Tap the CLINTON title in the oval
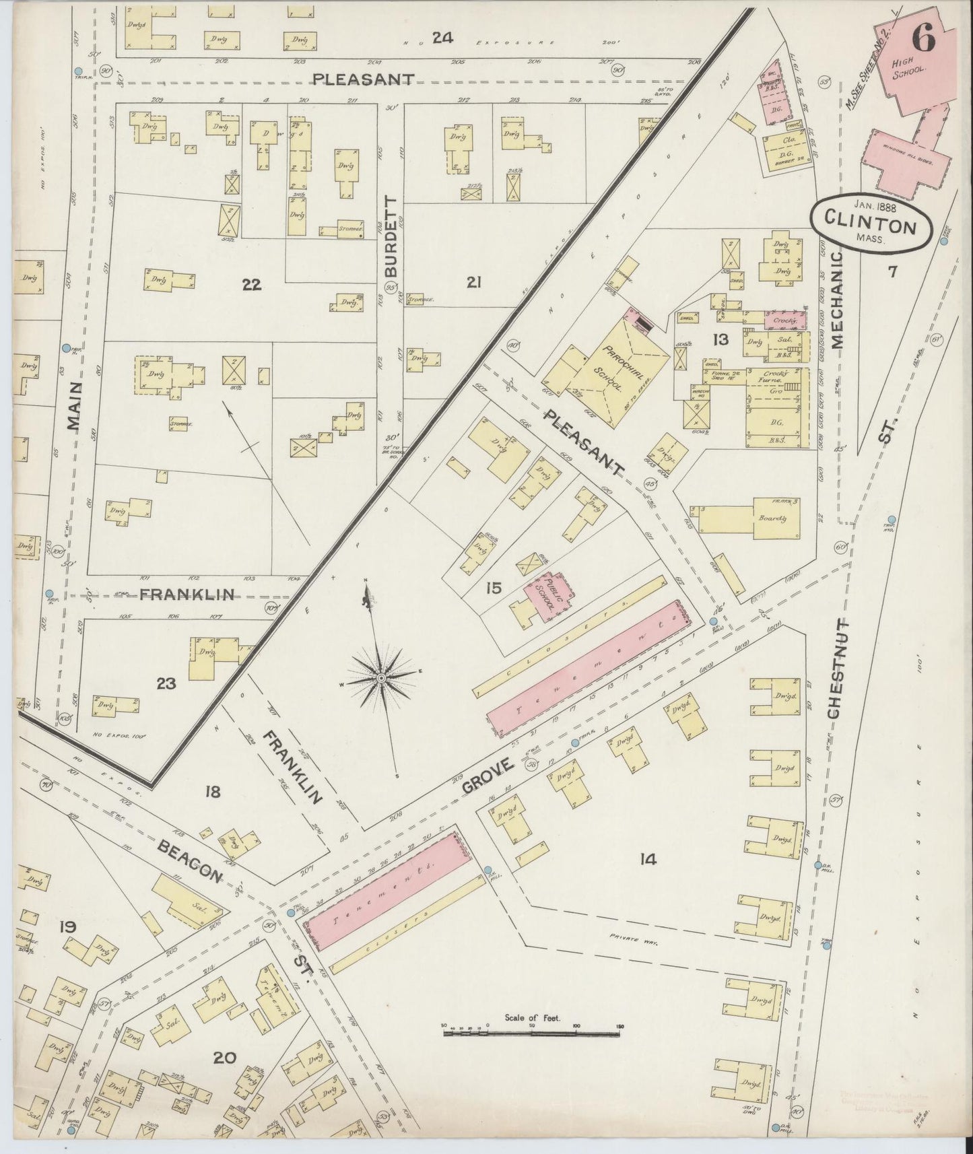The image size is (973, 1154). [x=871, y=226]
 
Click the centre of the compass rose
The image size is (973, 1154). [x=381, y=677]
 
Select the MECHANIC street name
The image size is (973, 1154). [x=838, y=300]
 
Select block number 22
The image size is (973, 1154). [x=251, y=285]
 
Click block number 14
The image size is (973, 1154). [x=648, y=858]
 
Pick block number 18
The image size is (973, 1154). [x=212, y=792]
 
